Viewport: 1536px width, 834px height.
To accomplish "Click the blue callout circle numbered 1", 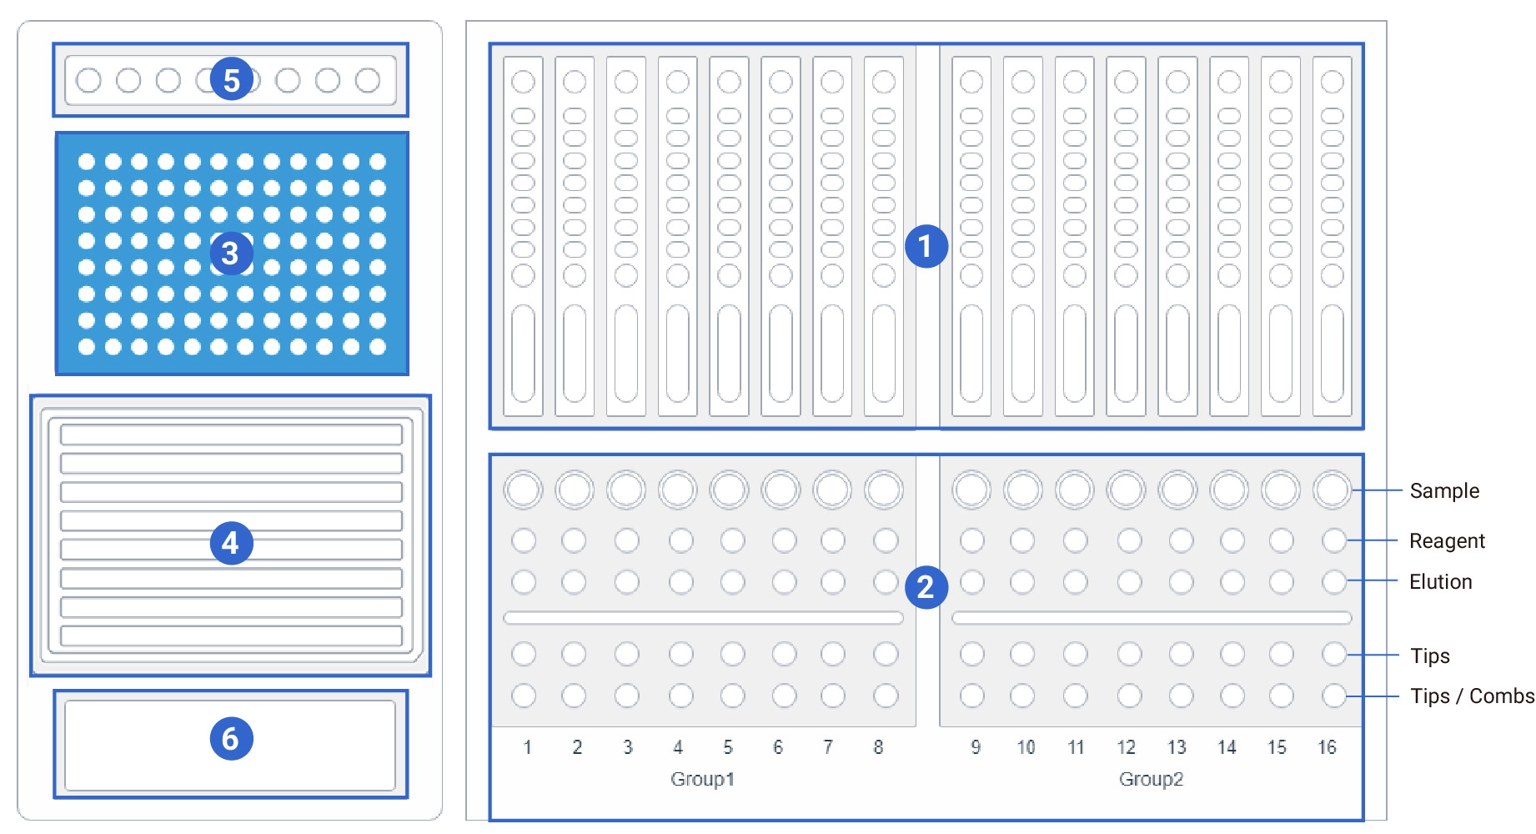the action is click(x=926, y=246).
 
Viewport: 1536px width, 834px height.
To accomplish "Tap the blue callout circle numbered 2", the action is click(x=926, y=587).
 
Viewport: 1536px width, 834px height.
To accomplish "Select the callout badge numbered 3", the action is click(x=231, y=254).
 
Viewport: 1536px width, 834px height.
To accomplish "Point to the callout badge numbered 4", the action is click(x=231, y=543).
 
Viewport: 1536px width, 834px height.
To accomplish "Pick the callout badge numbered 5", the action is click(x=231, y=79).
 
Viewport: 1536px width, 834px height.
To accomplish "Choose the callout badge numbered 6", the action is click(x=231, y=738).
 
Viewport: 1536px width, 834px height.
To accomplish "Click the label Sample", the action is click(x=1444, y=491).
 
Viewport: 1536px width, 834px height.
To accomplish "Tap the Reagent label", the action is click(x=1447, y=541).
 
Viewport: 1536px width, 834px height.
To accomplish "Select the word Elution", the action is click(x=1440, y=581).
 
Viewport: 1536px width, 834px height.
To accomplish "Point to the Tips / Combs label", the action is click(x=1472, y=696).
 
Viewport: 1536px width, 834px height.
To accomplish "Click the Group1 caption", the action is click(x=702, y=779).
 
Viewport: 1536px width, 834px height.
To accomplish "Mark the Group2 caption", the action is click(x=1151, y=779).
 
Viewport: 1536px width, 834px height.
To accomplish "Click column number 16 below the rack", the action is click(x=1327, y=747).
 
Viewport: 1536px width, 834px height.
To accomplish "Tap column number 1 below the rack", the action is click(x=527, y=747).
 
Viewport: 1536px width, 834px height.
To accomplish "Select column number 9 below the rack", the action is click(x=976, y=747).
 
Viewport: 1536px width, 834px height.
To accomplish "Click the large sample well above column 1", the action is click(x=524, y=490).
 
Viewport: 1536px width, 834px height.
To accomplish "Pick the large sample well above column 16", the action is click(x=1333, y=490).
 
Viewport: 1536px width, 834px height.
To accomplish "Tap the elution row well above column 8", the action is click(x=886, y=581).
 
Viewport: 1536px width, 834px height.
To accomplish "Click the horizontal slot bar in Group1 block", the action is click(x=703, y=618).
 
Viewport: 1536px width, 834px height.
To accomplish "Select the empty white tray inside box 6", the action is click(x=230, y=745).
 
